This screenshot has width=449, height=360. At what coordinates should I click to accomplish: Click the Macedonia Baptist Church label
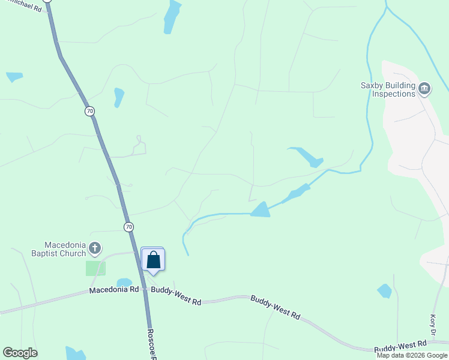coord(58,249)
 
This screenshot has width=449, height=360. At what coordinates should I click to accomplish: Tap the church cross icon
coord(94,247)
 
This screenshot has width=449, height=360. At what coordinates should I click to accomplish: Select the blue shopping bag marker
coord(153,260)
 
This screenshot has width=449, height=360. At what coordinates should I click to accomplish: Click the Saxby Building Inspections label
coord(388,89)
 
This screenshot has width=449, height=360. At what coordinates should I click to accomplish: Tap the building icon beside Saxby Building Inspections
coord(424,89)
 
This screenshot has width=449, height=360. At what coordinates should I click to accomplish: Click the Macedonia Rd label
coord(114,290)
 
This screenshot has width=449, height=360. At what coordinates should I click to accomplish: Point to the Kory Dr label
coord(433,324)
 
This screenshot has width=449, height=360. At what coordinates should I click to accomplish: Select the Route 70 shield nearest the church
coord(129,227)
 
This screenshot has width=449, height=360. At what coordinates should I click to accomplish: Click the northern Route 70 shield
coord(89,111)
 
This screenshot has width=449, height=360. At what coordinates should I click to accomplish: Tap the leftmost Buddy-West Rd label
coord(176,295)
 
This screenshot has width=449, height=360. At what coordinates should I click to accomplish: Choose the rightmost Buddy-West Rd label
coord(400,346)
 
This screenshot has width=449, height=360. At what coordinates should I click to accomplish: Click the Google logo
coord(20,353)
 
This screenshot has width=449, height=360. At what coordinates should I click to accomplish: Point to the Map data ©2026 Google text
coord(412,355)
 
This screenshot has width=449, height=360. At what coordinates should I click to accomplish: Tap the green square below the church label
coord(95,268)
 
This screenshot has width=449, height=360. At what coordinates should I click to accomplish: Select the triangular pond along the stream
coord(261,210)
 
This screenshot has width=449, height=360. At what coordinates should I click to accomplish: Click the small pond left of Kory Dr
coord(384,291)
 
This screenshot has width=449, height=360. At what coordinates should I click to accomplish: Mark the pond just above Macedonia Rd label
coord(124,283)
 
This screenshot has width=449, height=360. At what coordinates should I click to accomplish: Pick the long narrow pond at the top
coord(172,16)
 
